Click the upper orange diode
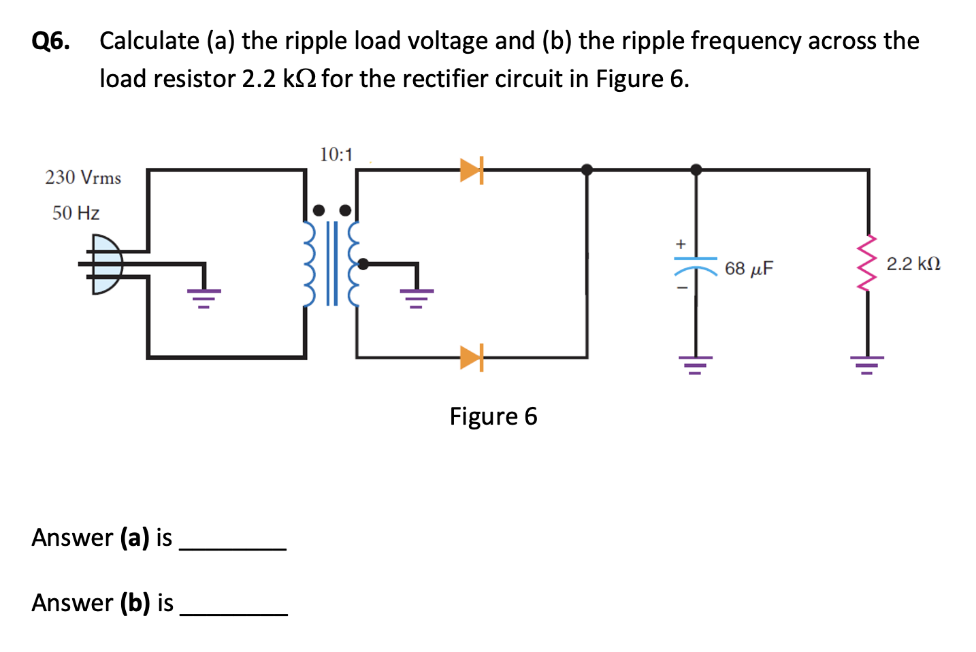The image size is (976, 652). point(471,170)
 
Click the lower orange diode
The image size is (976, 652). point(471,357)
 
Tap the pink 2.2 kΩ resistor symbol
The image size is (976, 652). point(867,263)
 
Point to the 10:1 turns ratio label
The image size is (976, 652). point(336,155)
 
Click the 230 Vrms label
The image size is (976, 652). point(83,178)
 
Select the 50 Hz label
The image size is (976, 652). point(76,213)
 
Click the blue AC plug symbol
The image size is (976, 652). point(105,264)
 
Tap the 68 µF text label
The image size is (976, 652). point(749,268)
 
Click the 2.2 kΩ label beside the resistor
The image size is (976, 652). point(913,263)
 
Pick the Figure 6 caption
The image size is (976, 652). point(493,416)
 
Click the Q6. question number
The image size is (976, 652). point(51,42)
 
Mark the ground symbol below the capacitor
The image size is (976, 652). point(696,365)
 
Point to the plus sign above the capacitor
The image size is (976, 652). point(680,244)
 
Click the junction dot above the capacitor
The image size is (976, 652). point(696,169)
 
